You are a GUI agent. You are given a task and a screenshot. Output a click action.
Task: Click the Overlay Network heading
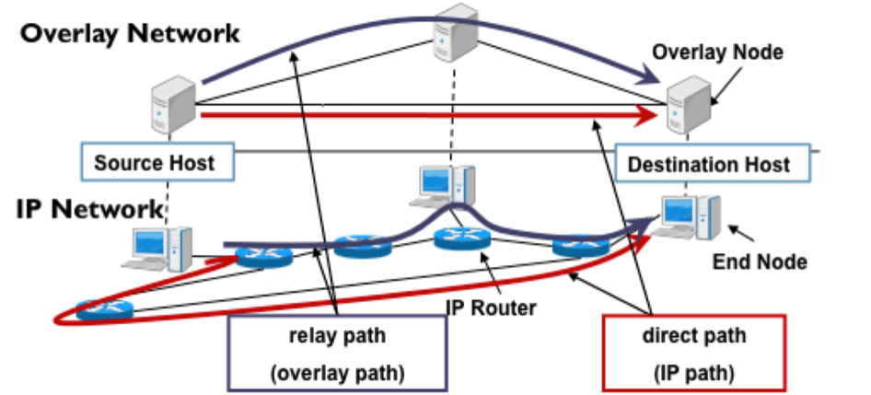tap(130, 33)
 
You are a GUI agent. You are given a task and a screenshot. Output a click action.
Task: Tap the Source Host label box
tap(155, 164)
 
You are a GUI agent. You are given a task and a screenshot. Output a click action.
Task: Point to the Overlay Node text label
tap(718, 52)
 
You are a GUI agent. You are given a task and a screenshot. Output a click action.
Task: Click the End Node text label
tap(760, 262)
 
